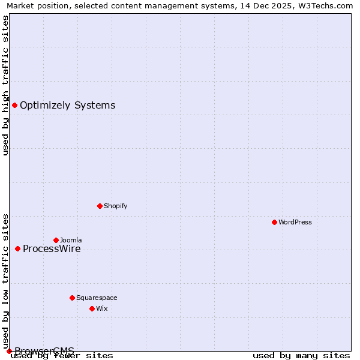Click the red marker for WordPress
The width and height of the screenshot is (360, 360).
(x=274, y=222)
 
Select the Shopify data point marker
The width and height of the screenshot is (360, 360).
(x=100, y=206)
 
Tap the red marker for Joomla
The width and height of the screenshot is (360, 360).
(x=56, y=240)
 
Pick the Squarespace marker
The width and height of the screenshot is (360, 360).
(x=72, y=298)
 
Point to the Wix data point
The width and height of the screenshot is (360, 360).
(x=92, y=308)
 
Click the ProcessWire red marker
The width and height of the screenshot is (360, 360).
(x=17, y=248)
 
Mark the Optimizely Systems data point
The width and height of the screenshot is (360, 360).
(x=14, y=106)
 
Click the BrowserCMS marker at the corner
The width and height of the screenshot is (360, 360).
(x=9, y=351)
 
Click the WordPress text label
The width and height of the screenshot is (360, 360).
(x=295, y=222)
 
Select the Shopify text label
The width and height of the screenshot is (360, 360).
(x=116, y=206)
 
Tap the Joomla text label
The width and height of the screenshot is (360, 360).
(x=71, y=240)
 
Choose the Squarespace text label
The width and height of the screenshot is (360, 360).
(x=97, y=298)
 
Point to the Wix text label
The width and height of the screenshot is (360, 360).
(x=102, y=308)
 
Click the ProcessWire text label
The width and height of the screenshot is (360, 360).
(x=52, y=249)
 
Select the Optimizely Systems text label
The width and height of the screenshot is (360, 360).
(x=68, y=106)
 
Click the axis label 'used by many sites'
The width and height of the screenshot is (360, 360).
(x=301, y=356)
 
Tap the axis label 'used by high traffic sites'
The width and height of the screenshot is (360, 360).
(x=6, y=85)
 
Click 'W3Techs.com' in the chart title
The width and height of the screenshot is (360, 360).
(x=327, y=6)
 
